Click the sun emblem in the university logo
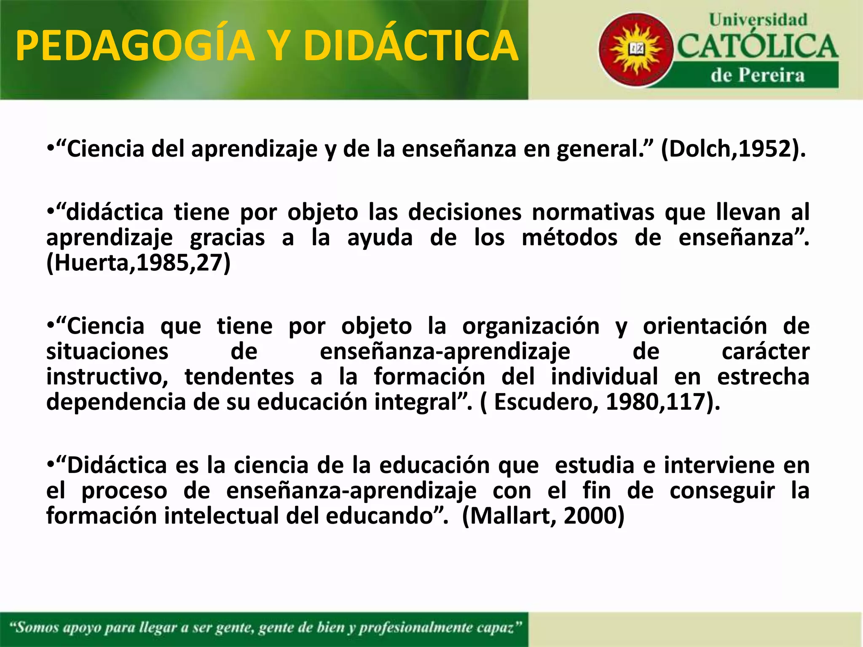636,50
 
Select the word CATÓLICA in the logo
758,46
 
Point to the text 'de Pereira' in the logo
758,75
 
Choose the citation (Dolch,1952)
733,149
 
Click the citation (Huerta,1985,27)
138,263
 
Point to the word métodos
570,238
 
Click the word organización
531,326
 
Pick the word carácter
765,352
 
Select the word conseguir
722,491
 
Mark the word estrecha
763,377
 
